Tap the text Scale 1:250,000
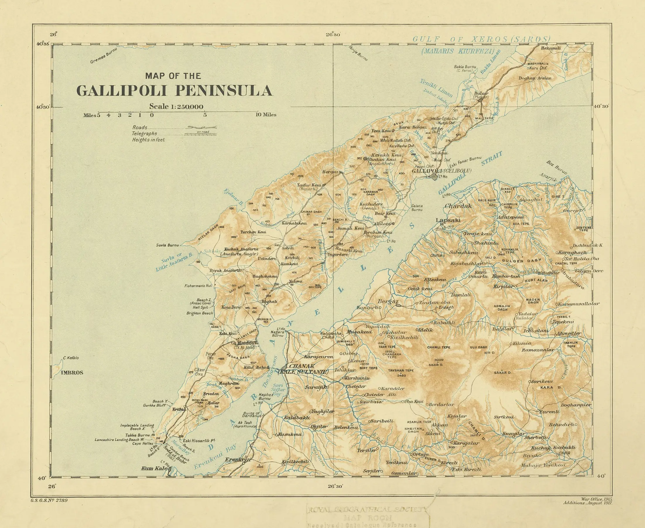click(x=176, y=107)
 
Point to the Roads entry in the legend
click(x=140, y=127)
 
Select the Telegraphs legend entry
click(x=144, y=134)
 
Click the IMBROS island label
click(x=72, y=372)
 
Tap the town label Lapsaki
click(x=448, y=220)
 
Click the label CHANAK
click(x=302, y=366)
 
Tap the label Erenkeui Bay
click(x=215, y=456)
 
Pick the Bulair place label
click(x=481, y=93)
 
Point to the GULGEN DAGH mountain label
click(x=521, y=260)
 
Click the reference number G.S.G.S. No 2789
click(x=49, y=500)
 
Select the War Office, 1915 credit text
click(x=597, y=499)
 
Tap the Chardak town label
click(x=458, y=206)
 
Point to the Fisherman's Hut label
click(x=198, y=286)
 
